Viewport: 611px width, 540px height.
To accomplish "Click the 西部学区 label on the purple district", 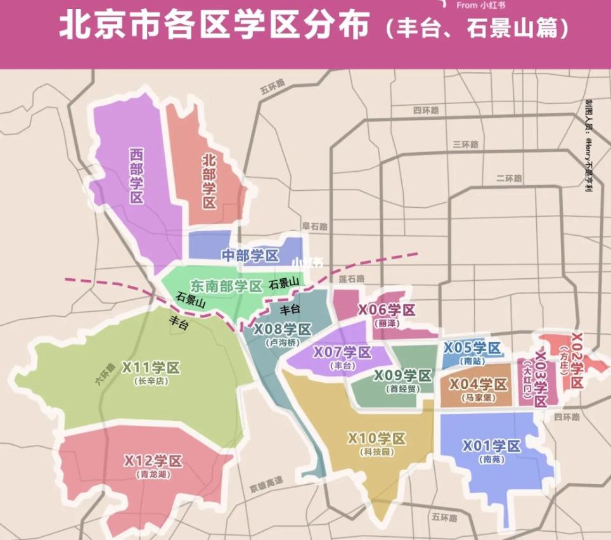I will click(x=136, y=175).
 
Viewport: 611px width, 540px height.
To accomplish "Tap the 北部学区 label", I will click(x=210, y=181).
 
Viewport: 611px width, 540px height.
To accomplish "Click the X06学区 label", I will click(x=387, y=310).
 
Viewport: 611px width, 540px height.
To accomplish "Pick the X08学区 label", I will click(x=283, y=330).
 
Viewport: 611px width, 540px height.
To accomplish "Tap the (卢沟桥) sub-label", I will click(x=283, y=343).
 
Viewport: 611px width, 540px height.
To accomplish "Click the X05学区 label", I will click(x=472, y=347).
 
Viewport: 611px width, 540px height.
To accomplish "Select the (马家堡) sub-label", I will click(x=478, y=398).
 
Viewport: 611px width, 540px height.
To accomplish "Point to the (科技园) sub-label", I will click(x=376, y=452).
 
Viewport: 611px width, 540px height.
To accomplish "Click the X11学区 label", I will click(x=151, y=368).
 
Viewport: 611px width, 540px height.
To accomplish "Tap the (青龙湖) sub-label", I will click(x=153, y=473).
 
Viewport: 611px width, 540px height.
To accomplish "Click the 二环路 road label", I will click(x=509, y=179).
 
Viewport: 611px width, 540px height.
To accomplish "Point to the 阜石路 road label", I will click(x=314, y=226).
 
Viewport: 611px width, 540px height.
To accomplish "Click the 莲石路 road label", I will click(x=352, y=278).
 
